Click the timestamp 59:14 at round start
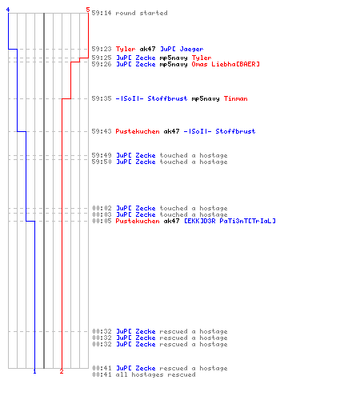(x=102, y=13)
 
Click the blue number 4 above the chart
(x=8, y=10)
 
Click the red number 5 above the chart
(x=88, y=10)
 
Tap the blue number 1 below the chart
(x=34, y=371)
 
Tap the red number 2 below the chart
(x=62, y=371)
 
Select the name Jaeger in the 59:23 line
(x=191, y=49)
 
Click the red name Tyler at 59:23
(x=126, y=49)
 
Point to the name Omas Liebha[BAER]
(x=226, y=64)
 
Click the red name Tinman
(x=236, y=98)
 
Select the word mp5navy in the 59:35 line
(x=206, y=98)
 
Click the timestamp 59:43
(x=102, y=131)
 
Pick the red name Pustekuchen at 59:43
(x=138, y=131)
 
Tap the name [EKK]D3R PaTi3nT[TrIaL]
(x=230, y=221)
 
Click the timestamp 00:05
(x=102, y=221)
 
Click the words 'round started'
(x=142, y=13)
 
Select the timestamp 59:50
(x=102, y=162)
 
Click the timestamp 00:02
(x=102, y=208)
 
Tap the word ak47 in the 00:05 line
(x=171, y=221)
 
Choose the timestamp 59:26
(x=102, y=64)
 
